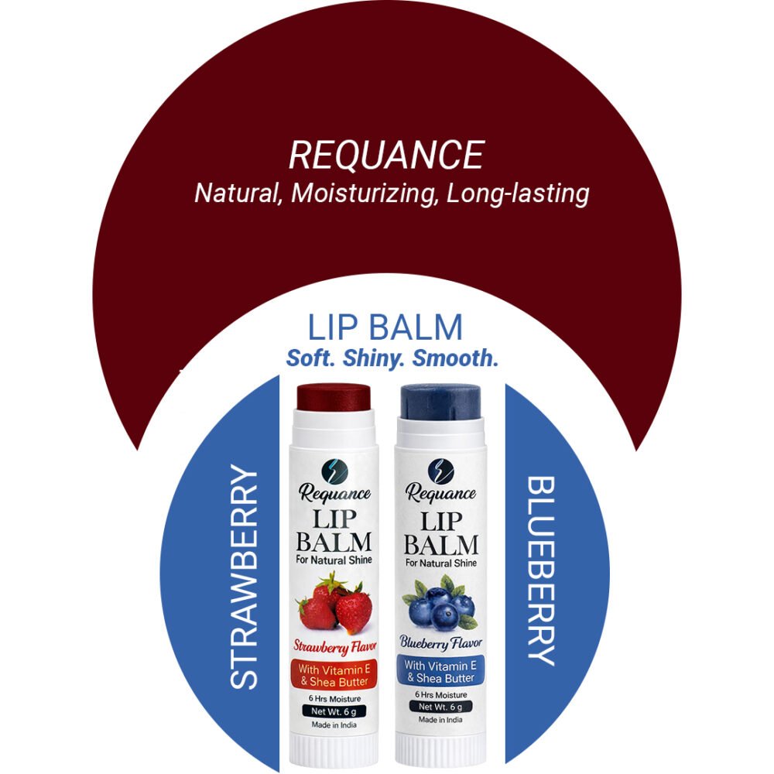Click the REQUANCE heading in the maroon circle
tap(386, 155)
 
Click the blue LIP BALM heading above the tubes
tap(385, 327)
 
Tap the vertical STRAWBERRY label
tap(245, 577)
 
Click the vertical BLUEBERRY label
tap(541, 570)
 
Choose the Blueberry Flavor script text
tap(440, 644)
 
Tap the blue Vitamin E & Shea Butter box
tap(440, 671)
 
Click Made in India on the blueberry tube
tap(440, 719)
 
